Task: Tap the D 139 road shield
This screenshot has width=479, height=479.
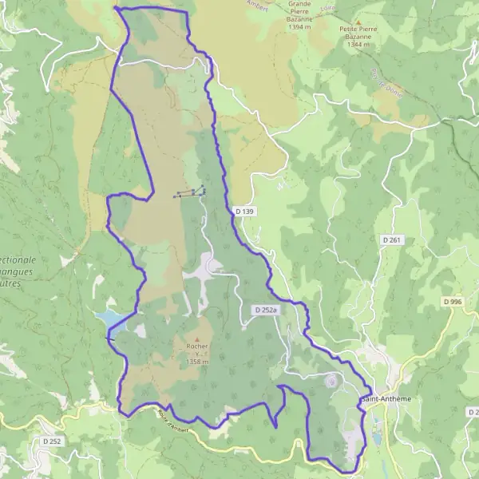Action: [x=243, y=211]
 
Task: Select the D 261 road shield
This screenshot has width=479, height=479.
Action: [x=390, y=239]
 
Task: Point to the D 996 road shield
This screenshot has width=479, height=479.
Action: [x=453, y=301]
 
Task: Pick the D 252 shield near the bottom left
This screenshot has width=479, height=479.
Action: [x=53, y=441]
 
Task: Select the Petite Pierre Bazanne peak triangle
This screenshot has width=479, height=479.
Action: [x=358, y=24]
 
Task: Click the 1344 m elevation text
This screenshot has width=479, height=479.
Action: [x=361, y=46]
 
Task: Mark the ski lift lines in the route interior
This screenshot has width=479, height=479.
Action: [x=189, y=192]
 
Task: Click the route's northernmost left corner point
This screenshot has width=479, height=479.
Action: [x=117, y=8]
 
